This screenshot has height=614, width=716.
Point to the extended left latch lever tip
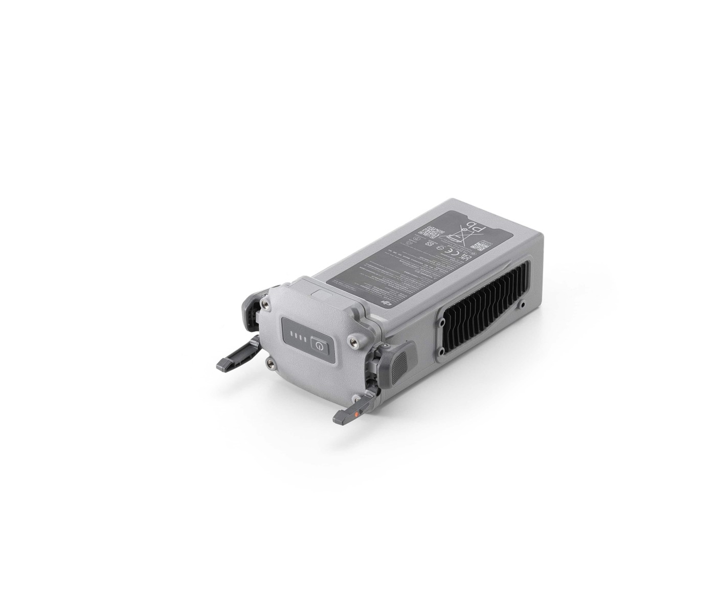click(x=226, y=364)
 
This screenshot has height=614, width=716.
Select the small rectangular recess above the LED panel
click(x=322, y=296)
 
